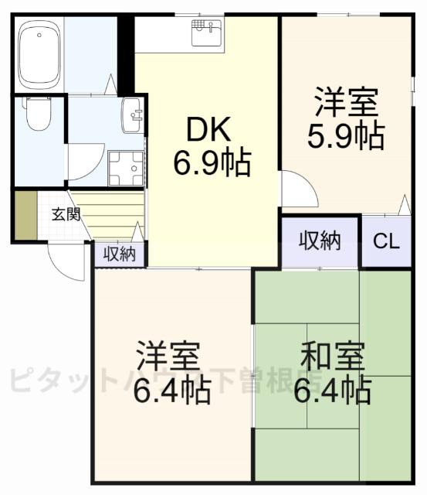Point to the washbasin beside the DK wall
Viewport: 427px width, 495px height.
pos(132,116)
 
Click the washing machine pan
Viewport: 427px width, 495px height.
pos(126,168)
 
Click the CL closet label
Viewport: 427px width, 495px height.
pos(386,241)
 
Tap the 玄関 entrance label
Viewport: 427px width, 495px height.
pos(66,214)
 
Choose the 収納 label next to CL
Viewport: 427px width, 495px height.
pos(320,241)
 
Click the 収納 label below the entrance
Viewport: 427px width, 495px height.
pos(120,253)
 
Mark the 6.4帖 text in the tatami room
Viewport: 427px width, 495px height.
pos(332,391)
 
